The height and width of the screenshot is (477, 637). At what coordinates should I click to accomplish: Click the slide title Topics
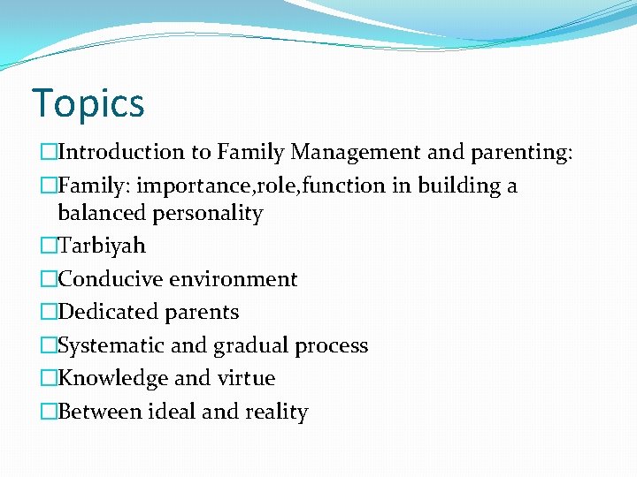click(88, 103)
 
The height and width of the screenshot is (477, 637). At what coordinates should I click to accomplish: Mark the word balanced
click(97, 214)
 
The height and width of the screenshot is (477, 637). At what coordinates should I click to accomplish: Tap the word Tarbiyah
click(101, 246)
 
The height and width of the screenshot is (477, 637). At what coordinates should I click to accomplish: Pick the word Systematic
click(110, 345)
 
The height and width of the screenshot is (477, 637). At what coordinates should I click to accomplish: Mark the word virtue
click(246, 378)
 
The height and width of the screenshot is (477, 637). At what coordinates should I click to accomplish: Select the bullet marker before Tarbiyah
click(48, 246)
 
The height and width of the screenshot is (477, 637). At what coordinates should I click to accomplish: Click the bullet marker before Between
click(48, 412)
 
